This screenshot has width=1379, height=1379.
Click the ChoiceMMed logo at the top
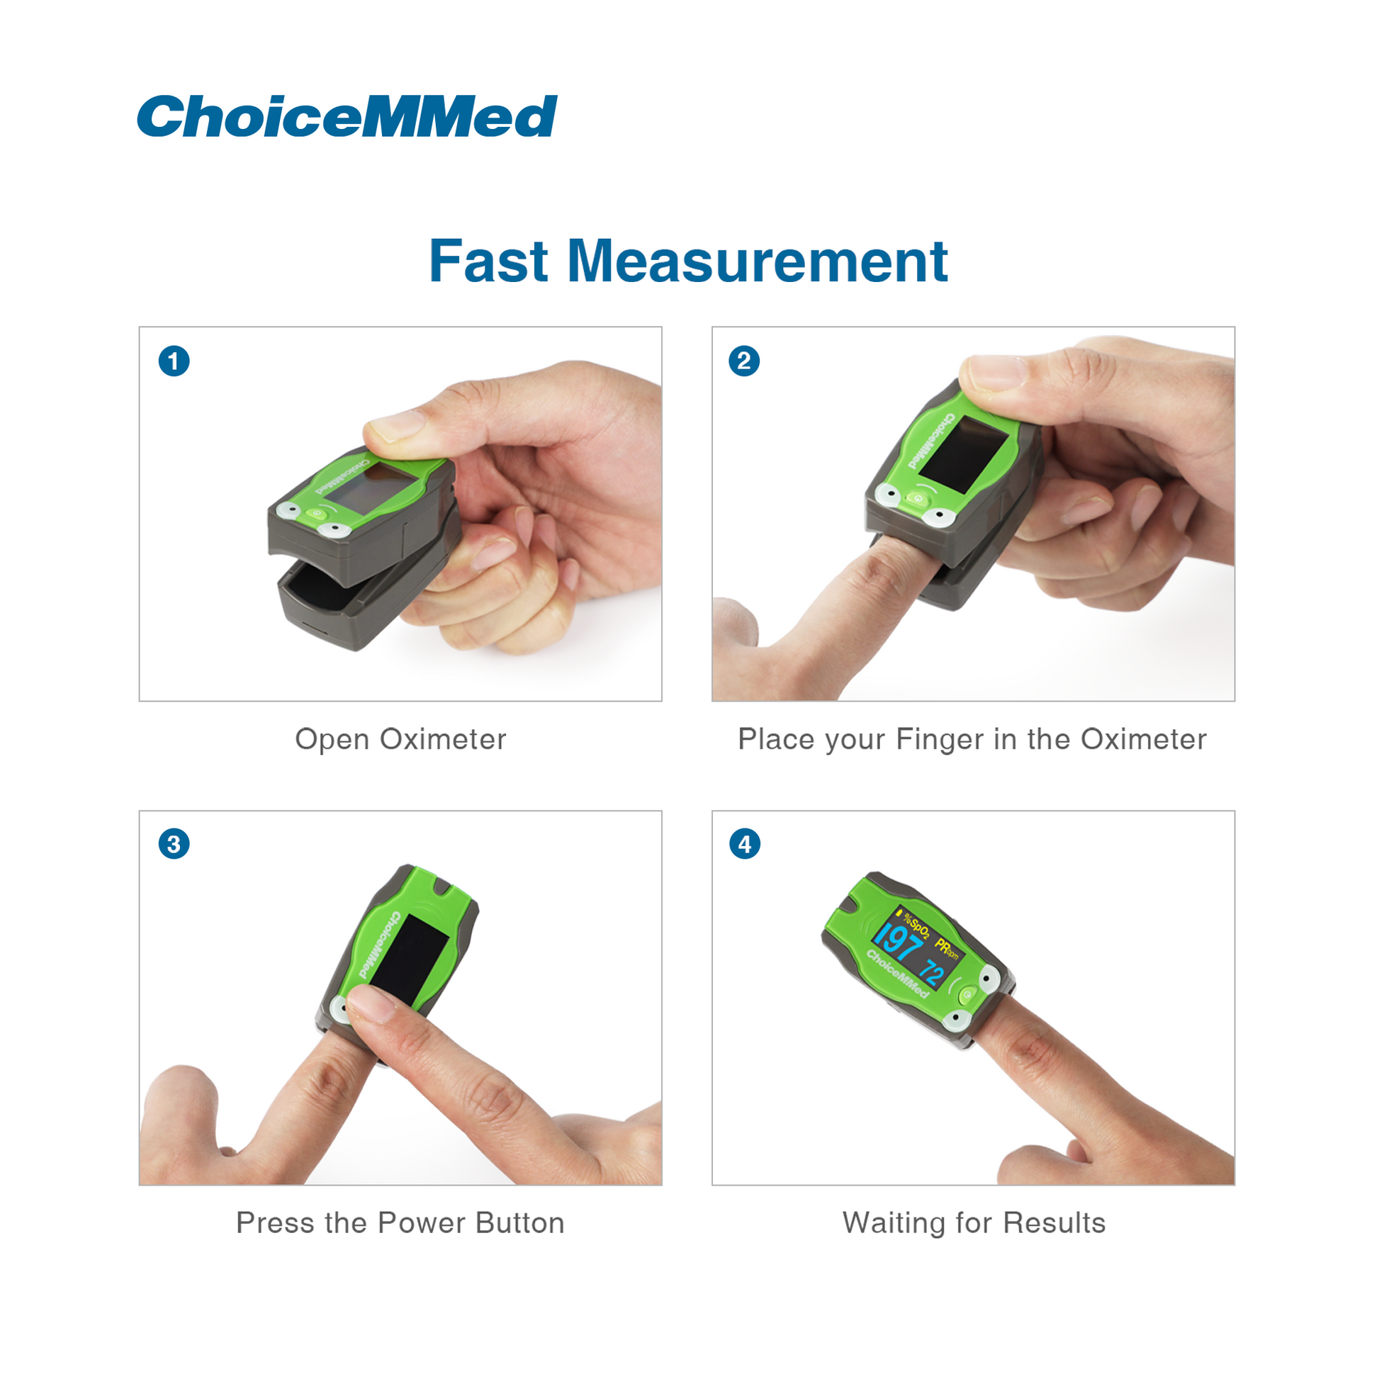click(x=347, y=116)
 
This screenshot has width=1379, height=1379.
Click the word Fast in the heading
click(x=488, y=261)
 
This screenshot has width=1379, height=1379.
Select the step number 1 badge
click(x=174, y=361)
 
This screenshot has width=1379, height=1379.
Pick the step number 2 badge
click(x=744, y=361)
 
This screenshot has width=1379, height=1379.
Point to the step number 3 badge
click(x=174, y=844)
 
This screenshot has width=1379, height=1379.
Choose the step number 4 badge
click(x=745, y=844)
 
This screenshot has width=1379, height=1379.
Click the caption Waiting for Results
click(x=974, y=1222)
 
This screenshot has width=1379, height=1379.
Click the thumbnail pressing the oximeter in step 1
click(x=394, y=425)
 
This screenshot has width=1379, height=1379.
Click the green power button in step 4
click(x=967, y=994)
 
